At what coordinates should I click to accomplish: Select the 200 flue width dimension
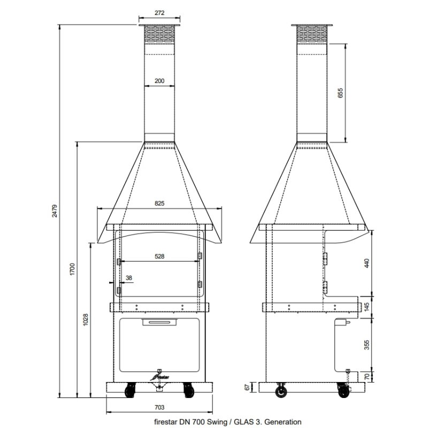pos(159,81)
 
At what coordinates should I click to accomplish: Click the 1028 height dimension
pos(86,319)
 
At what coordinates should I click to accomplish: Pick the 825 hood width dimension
pos(159,203)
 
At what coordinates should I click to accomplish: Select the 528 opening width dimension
pos(159,256)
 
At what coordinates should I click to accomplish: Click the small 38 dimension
pos(128,278)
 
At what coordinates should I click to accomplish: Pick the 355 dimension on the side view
pos(367,344)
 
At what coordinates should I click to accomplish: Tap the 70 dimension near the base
pos(367,377)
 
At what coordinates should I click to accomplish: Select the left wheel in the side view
pos(280,392)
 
